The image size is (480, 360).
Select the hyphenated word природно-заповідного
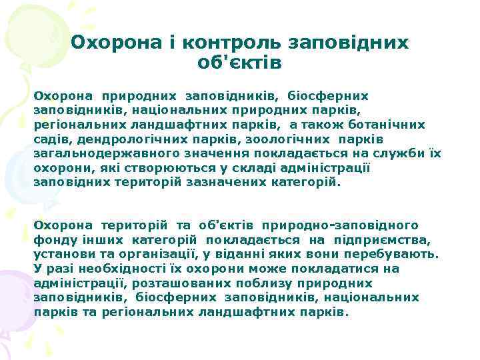tap(341, 225)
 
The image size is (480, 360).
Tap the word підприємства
tap(389, 239)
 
